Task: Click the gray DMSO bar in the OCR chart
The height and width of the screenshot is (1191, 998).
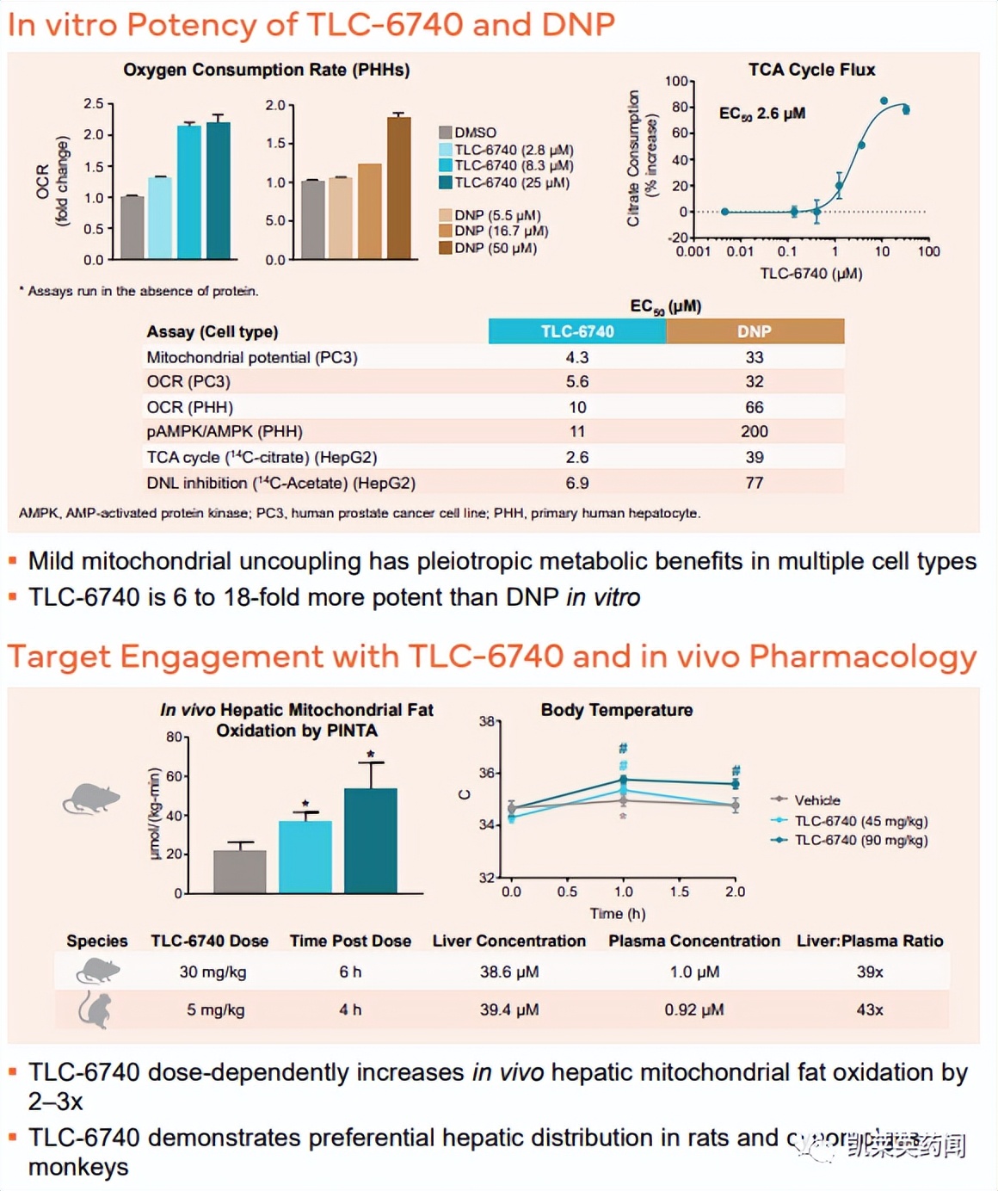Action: (x=132, y=227)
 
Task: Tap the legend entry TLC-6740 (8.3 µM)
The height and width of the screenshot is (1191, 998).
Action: (x=514, y=165)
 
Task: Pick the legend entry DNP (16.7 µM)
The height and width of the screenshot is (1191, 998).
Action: (x=501, y=231)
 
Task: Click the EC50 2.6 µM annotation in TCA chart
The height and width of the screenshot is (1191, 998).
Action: (x=762, y=114)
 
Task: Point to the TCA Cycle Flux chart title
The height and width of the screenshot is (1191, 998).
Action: (x=811, y=70)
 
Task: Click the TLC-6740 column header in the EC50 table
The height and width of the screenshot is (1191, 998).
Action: (x=577, y=331)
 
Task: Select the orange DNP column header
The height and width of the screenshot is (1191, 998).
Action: (x=755, y=331)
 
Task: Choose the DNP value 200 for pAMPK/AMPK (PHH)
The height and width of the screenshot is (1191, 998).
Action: (x=755, y=431)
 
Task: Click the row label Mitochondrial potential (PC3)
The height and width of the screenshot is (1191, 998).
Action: (x=251, y=357)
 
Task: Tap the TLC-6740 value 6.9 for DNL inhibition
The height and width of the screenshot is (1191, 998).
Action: (x=577, y=483)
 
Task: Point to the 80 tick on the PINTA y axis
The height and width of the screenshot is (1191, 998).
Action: (x=174, y=737)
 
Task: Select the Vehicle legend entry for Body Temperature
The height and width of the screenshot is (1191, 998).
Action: (x=816, y=800)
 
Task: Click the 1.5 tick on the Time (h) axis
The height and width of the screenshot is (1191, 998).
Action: (x=680, y=892)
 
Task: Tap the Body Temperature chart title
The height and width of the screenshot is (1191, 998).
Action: (x=617, y=710)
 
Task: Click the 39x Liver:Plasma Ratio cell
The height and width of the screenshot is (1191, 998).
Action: (x=870, y=972)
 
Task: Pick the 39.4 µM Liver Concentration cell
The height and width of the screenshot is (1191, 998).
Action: (x=509, y=1009)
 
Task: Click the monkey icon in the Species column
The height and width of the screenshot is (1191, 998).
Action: (x=95, y=1009)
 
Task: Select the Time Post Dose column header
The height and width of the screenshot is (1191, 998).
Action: (x=350, y=941)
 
